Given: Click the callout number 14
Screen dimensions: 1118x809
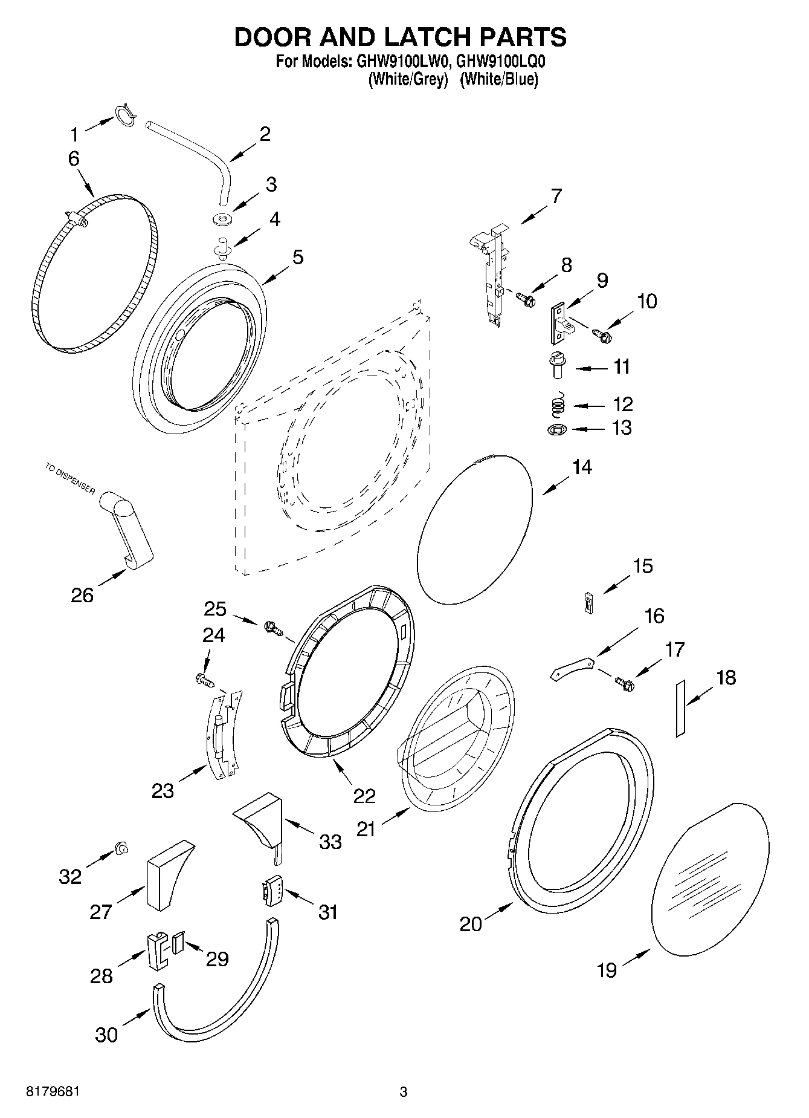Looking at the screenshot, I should pos(582,467).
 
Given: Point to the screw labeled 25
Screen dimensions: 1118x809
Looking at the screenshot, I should pos(273,628).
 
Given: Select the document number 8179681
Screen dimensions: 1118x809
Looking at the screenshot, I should pos(53,1092).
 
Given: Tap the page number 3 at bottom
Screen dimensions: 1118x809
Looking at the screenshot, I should pos(404,1092).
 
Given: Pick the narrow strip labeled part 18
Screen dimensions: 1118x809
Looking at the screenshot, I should pos(680,707).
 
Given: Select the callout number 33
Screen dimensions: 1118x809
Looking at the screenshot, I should pos(330,841).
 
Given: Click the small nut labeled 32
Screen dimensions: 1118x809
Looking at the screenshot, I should pos(121,849).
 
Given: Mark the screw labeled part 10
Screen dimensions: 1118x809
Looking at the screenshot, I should pos(602,333).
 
